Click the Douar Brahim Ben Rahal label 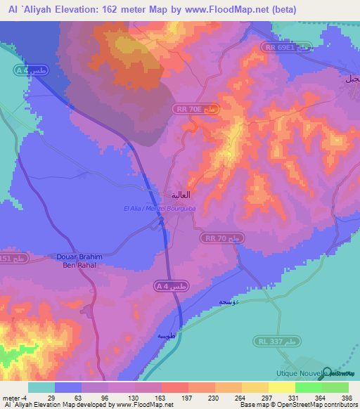tap(79, 261)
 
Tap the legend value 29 tap(41, 398)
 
